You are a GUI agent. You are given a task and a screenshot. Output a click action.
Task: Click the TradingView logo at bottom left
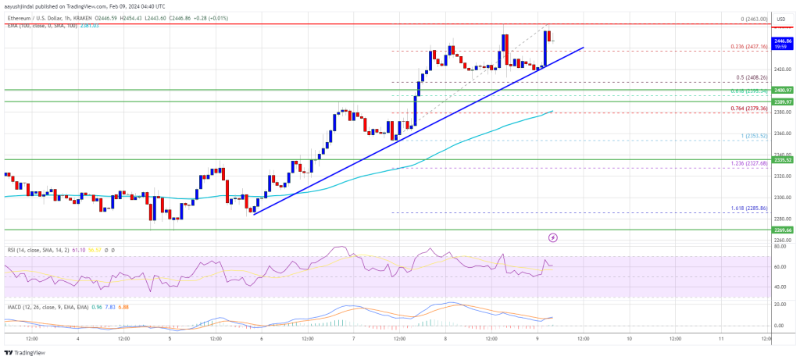(27, 352)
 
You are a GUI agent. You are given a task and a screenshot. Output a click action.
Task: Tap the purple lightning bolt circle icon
(553, 237)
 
